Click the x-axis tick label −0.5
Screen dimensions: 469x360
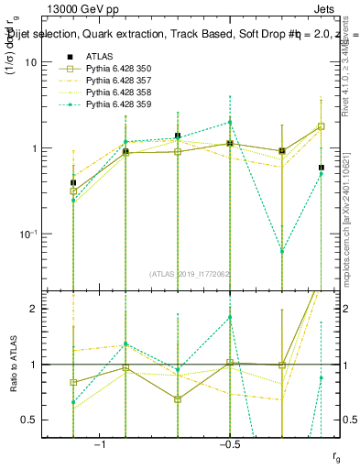[229, 444]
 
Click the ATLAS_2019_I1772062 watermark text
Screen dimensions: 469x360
[191, 273]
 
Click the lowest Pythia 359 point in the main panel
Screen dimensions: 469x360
[282, 251]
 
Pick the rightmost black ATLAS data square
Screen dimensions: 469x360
[321, 168]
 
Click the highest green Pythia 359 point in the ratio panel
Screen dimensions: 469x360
[230, 317]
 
